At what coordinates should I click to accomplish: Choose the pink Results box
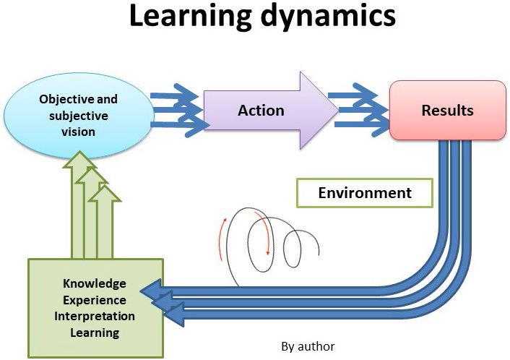[447, 110]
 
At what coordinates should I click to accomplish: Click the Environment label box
[365, 193]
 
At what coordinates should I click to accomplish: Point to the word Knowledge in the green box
[94, 283]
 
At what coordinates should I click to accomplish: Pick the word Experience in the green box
[94, 300]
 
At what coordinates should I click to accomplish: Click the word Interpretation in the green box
[94, 317]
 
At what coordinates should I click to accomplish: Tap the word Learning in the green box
[94, 333]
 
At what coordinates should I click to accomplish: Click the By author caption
[308, 346]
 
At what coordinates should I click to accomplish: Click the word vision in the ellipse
[77, 132]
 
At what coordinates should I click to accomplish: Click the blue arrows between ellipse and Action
[177, 111]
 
